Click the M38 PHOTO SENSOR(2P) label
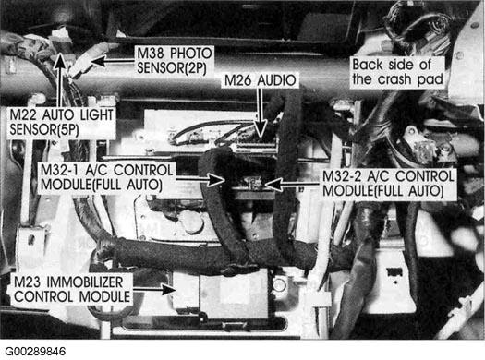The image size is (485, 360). click(175, 61)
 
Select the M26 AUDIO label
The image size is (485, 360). click(261, 80)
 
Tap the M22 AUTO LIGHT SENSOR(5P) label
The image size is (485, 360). click(61, 123)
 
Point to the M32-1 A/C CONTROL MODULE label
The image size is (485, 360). click(106, 177)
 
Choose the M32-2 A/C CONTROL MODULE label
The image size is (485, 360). click(388, 184)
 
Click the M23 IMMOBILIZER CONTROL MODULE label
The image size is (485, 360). click(72, 290)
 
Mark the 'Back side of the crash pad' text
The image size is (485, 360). click(397, 72)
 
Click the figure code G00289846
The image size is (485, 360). click(35, 352)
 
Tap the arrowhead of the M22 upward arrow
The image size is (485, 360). click(60, 61)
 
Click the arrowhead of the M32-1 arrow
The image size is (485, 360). click(215, 179)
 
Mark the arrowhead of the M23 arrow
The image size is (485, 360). click(168, 290)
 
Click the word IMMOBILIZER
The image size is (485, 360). click(85, 282)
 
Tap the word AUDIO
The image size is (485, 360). click(277, 80)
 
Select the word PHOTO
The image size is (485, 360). click(191, 54)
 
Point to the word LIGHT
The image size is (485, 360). click(97, 115)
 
